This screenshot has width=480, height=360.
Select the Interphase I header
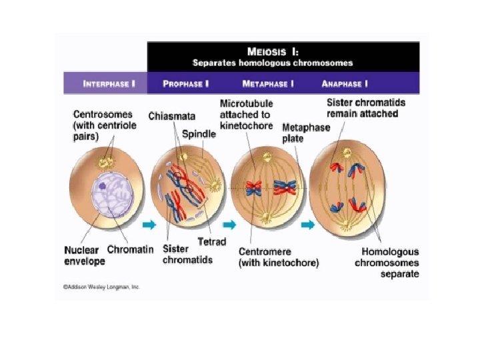pos(109,84)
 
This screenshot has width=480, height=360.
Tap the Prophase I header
pos(186,84)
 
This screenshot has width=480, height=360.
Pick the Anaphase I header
pos(345,84)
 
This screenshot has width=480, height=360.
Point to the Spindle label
pos(199,134)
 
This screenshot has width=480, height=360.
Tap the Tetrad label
pos(211,241)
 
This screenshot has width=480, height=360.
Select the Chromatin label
pos(131,249)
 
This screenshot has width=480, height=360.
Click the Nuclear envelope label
pos(85,255)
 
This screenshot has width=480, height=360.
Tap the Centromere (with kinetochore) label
pos(279,257)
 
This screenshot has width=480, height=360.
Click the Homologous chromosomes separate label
pos(390,263)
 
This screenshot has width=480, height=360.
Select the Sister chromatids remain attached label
pos(366,108)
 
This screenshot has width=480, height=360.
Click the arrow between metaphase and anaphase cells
pos(307,225)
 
